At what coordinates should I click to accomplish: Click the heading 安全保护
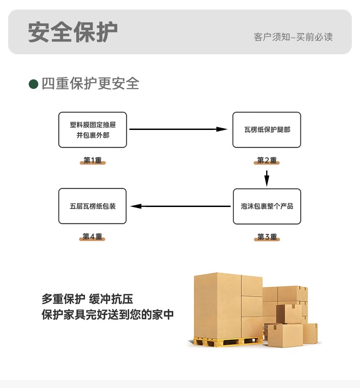73,31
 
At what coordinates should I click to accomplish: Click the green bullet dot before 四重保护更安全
33,84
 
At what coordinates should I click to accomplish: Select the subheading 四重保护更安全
90,84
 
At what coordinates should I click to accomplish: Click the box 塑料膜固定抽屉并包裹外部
93,130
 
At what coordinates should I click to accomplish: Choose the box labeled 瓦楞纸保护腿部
267,130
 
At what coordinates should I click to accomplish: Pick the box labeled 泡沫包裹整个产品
267,206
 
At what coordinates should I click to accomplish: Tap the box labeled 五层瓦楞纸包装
93,206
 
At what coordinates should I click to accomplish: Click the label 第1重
93,160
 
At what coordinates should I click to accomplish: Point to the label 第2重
267,160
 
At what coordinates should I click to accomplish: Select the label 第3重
267,237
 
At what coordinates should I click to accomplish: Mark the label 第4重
93,237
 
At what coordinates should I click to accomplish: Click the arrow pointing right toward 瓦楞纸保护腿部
178,129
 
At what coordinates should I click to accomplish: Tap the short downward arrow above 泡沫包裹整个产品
267,178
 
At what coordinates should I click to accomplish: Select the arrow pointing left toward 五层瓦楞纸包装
180,206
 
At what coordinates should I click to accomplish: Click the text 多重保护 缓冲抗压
87,300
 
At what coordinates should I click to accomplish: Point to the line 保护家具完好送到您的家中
108,315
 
